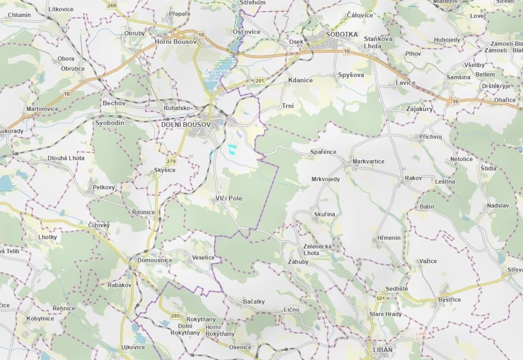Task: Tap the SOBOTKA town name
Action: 342,34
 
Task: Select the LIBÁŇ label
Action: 383,350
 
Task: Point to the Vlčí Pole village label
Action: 229,198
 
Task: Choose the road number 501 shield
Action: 381,298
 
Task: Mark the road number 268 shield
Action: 112,5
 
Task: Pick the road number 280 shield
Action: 175,316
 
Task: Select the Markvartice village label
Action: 369,161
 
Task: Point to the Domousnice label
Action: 149,260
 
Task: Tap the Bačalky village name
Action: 253,301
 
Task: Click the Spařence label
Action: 323,152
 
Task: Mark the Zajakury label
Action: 419,109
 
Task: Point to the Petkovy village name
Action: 104,187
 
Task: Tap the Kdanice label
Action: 300,80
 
